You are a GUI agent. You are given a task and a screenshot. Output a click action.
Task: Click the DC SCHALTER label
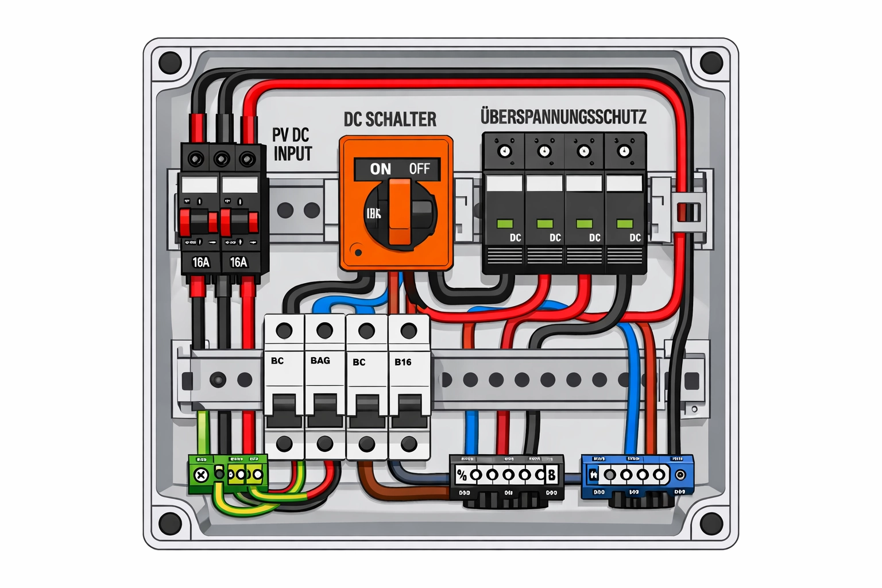coord(390,119)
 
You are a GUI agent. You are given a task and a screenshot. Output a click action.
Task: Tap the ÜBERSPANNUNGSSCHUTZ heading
coord(563,117)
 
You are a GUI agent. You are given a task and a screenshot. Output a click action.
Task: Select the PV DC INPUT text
coord(292,144)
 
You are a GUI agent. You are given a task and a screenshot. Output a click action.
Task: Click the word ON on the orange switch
coord(380,169)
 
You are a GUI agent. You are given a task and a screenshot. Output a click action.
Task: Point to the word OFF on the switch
coord(419,169)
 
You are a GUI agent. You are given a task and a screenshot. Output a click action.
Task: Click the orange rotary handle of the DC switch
coord(400,211)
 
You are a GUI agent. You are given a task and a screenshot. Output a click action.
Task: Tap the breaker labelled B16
coord(408,385)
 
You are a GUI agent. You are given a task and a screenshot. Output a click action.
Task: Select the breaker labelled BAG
coord(324,385)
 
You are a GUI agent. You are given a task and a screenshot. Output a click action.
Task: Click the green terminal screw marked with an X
coord(201,475)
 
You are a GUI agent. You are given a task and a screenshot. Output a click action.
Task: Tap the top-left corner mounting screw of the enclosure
coord(170,63)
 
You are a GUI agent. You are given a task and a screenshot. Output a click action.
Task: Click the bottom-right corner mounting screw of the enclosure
coord(711,523)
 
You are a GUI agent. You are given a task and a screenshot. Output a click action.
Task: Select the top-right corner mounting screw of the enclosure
coord(711,63)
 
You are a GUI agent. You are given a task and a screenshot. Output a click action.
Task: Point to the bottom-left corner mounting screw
coord(170,523)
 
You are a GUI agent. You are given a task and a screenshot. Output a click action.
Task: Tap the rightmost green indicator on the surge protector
coord(624,223)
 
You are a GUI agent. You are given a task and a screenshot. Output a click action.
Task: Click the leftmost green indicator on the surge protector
coord(505,223)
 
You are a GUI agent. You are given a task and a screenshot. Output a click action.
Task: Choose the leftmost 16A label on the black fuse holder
coord(200,262)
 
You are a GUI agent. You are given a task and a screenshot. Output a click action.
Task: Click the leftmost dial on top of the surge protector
coord(505,152)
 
